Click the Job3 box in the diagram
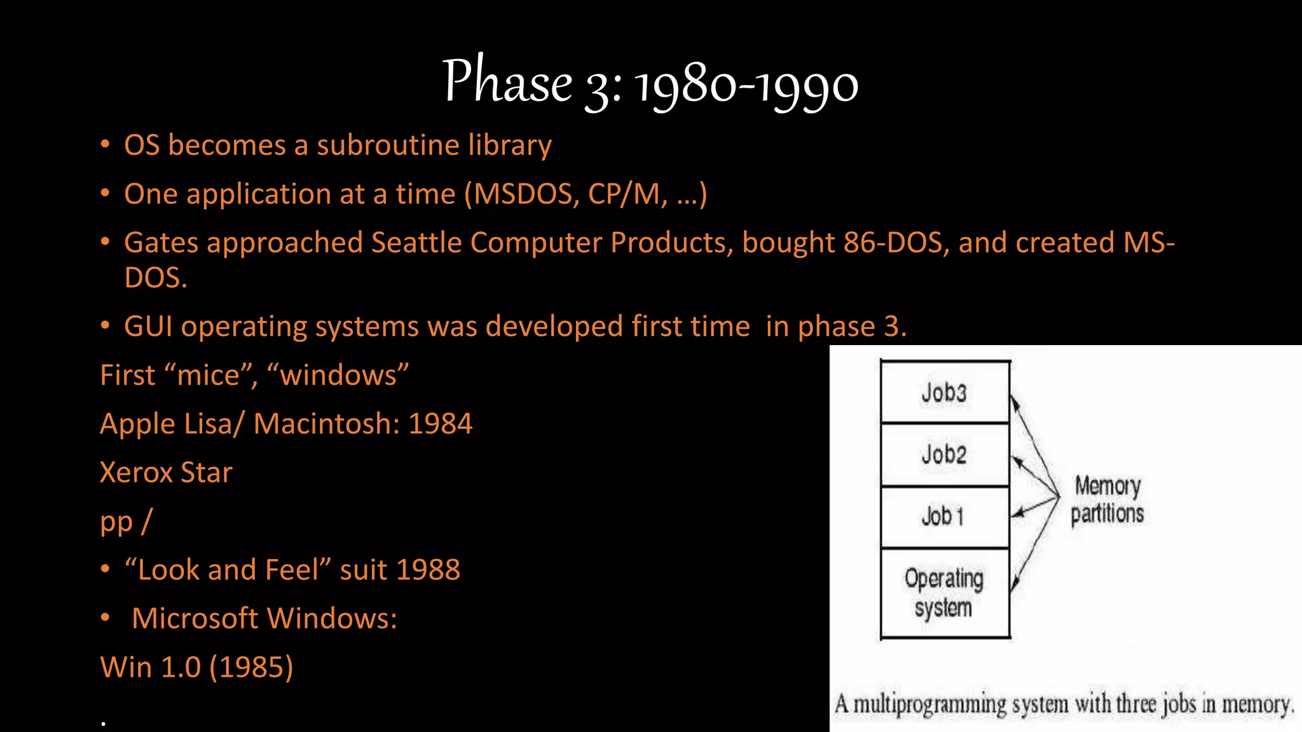(945, 392)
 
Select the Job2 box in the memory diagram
(945, 454)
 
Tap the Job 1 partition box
(945, 516)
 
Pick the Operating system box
(945, 592)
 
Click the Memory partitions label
(1107, 499)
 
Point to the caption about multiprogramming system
(1064, 704)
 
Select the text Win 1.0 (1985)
(196, 667)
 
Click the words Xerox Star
(166, 473)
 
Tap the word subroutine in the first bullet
(388, 146)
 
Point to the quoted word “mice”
(209, 375)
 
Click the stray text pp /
(126, 522)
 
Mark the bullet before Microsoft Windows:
(106, 618)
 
